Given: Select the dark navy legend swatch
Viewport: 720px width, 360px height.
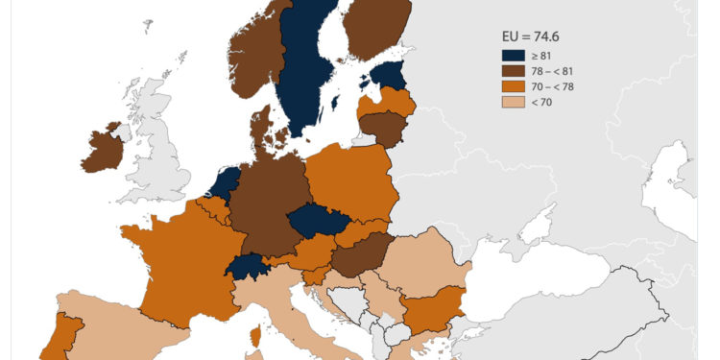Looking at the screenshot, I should tap(510, 57).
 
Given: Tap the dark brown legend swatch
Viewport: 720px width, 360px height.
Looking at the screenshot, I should tap(510, 71).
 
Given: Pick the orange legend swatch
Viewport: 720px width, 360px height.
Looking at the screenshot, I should tap(510, 86).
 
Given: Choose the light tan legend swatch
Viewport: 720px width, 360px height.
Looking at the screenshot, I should tap(510, 102).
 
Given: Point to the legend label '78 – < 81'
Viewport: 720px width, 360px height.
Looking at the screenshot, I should tap(549, 71).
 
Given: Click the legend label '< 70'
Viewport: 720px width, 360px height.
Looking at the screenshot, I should tap(540, 102).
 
